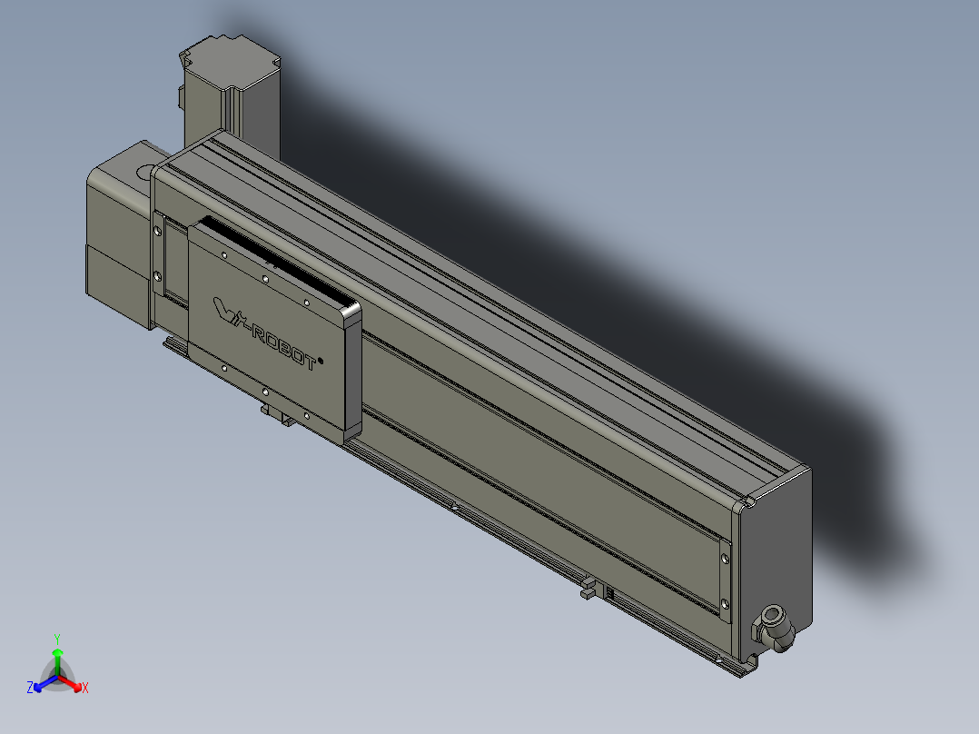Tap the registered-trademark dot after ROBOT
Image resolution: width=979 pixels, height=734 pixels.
[321, 359]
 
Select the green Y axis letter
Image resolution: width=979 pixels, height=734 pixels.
[57, 638]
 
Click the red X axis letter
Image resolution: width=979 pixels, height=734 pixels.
[85, 689]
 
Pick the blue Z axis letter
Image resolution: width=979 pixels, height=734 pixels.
[29, 689]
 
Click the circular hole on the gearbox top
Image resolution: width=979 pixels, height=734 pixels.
[144, 169]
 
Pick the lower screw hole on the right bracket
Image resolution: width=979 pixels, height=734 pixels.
[724, 603]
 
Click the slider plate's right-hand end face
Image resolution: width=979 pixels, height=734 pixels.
[352, 372]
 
